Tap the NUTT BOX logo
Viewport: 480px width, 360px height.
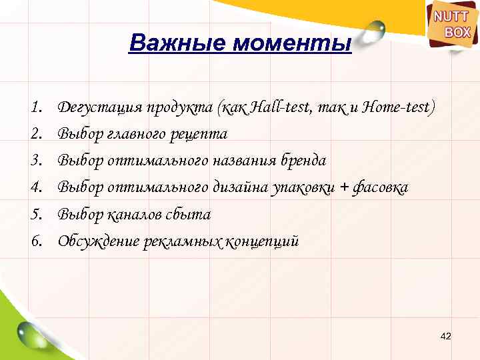point(453,25)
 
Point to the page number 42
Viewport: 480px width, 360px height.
point(446,335)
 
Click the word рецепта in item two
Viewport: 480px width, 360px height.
point(201,134)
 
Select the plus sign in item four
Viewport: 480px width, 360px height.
point(343,188)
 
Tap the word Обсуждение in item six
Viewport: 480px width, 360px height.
point(98,241)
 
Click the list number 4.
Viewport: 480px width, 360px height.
point(36,188)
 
